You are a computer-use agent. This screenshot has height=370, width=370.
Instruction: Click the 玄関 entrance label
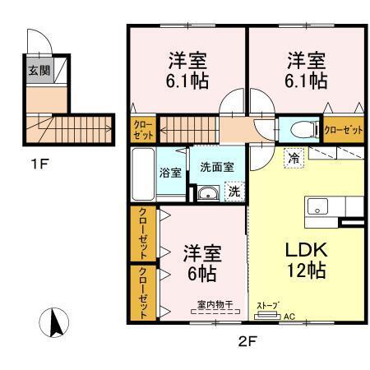click(39, 70)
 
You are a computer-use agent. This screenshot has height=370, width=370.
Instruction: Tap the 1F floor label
click(39, 164)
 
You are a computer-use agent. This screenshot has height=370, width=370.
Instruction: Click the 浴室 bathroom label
click(170, 173)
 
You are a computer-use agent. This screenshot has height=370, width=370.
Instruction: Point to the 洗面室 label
click(217, 166)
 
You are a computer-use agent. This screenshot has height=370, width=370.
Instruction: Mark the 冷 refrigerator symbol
click(292, 157)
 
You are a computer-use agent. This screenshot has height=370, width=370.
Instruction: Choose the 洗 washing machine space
click(234, 192)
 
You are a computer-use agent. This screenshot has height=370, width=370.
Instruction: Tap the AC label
click(289, 314)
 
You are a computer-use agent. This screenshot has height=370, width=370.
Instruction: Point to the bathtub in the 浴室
click(142, 173)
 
